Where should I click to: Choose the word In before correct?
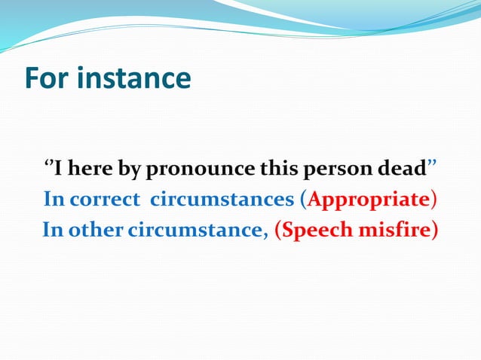pos(54,199)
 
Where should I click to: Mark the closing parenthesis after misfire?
pos(434,230)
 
